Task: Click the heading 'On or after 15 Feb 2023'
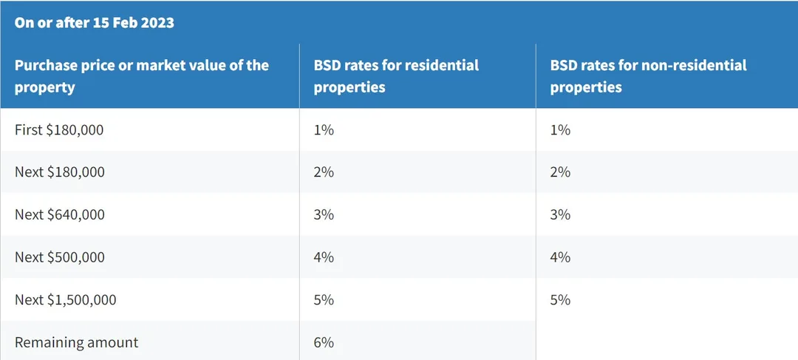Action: [x=94, y=24]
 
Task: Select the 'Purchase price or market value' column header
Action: [x=141, y=76]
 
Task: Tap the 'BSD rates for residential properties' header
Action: [x=396, y=76]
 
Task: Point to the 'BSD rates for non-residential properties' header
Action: [x=649, y=76]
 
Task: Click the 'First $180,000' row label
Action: [x=59, y=130]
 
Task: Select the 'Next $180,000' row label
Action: [x=60, y=172]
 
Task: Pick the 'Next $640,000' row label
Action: [x=60, y=215]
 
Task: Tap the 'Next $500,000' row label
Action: [x=60, y=257]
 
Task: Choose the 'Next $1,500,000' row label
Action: [x=65, y=300]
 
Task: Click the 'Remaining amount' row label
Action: [x=76, y=342]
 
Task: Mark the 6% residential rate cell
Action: [x=324, y=342]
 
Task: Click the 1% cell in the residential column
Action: [x=324, y=130]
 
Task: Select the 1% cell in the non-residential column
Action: [x=560, y=130]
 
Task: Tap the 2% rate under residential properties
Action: [x=324, y=172]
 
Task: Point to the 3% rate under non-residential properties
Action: [x=560, y=215]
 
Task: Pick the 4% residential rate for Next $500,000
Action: [x=324, y=257]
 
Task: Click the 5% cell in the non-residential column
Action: [x=560, y=300]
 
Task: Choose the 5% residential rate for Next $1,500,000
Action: [x=324, y=300]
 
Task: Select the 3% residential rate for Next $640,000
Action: [x=324, y=215]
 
